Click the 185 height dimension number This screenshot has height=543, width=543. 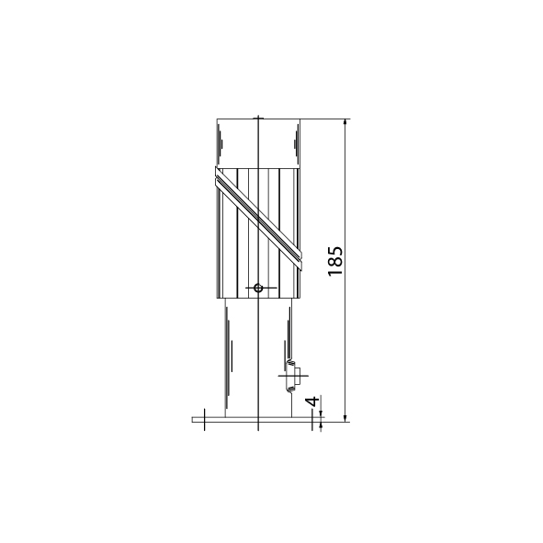coord(334,261)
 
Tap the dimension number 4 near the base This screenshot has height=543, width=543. coord(312,402)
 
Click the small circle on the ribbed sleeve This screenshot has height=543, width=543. coord(258,288)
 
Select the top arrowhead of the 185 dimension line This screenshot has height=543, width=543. coord(345,122)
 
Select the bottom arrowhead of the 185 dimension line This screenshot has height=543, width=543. coord(345,418)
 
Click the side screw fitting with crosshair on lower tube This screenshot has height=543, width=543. coord(292,376)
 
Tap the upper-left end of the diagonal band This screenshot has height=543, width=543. coord(216,173)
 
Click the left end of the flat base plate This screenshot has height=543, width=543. coord(193,419)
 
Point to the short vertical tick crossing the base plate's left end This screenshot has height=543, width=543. coord(204,419)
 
